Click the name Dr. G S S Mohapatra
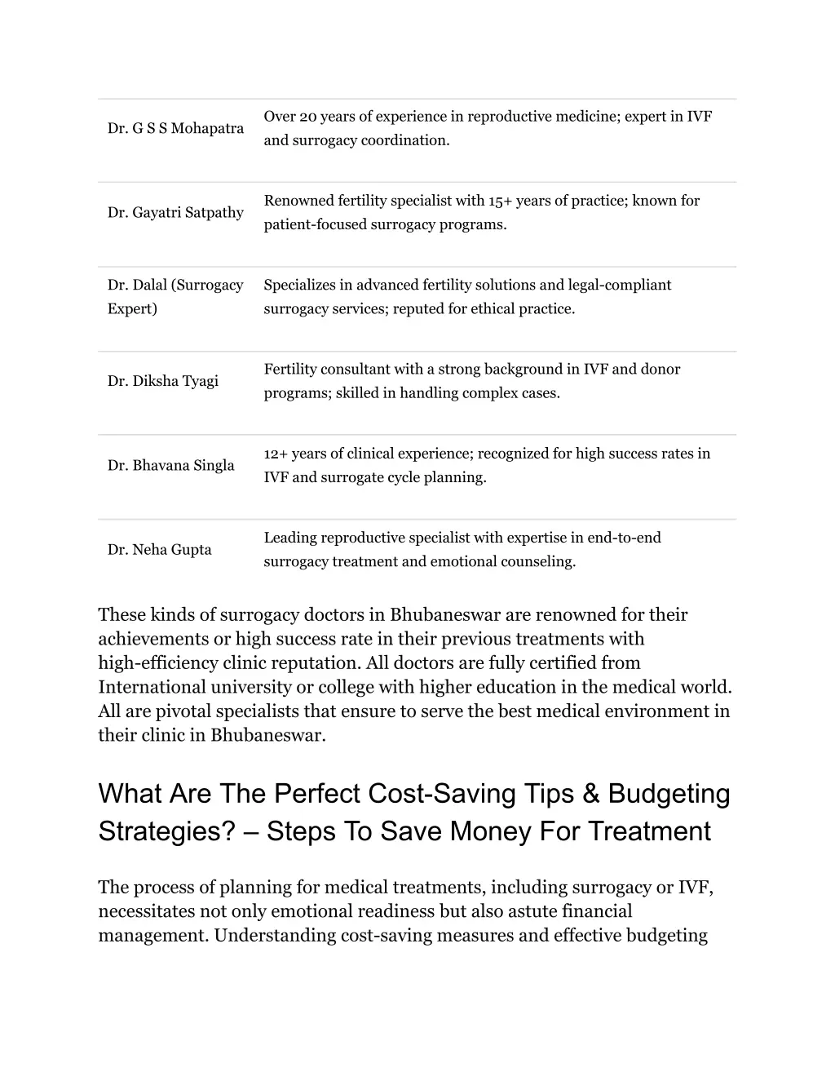[175, 129]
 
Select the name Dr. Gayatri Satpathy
[175, 213]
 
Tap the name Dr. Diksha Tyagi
[163, 381]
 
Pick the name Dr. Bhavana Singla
[171, 466]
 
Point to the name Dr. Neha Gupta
[160, 550]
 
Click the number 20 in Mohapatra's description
[307, 117]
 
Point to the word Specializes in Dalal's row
[299, 285]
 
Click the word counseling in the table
[541, 561]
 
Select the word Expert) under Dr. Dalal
[133, 308]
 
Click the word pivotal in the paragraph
[175, 711]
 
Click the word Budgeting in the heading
[669, 794]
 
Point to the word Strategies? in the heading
[166, 831]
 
